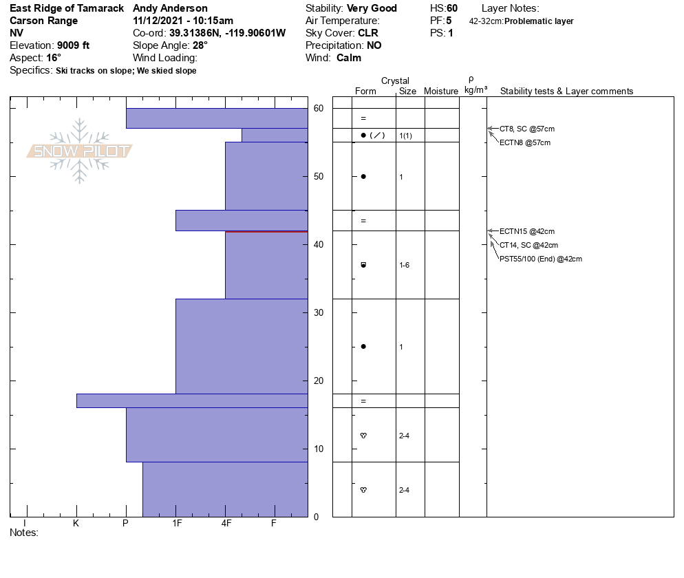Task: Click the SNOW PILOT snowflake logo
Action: (x=80, y=151)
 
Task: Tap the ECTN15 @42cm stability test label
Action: (x=526, y=231)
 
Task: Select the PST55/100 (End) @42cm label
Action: (x=541, y=259)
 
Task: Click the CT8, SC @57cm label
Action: (x=526, y=129)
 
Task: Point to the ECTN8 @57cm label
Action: (x=524, y=142)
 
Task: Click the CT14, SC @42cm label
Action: (x=528, y=245)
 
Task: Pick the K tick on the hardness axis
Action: (x=76, y=523)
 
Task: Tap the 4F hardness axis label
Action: (x=226, y=523)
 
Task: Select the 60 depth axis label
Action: (x=318, y=108)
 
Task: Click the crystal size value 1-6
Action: (x=405, y=265)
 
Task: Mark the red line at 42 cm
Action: (x=266, y=232)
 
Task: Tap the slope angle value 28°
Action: (x=200, y=45)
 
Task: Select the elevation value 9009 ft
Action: (x=73, y=45)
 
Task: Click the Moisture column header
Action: (x=441, y=91)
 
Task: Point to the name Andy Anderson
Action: (x=170, y=8)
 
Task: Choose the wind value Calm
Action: (x=349, y=58)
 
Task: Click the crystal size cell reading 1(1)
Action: (x=405, y=136)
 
